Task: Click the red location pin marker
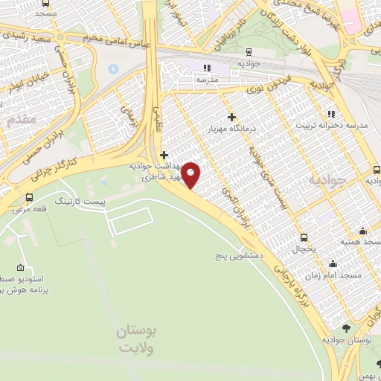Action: click(x=191, y=175)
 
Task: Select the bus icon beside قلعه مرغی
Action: click(x=29, y=197)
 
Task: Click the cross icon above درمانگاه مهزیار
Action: click(x=231, y=117)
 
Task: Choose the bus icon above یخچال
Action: click(x=302, y=238)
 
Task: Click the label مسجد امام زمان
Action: click(x=336, y=275)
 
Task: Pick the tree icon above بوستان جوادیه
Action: click(x=347, y=327)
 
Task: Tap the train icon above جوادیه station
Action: click(x=248, y=52)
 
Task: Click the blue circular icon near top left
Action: click(x=113, y=68)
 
